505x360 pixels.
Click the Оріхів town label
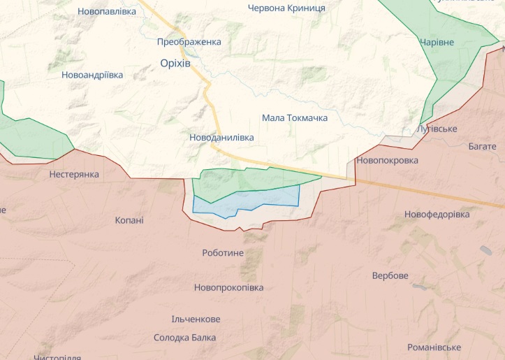pos(175,63)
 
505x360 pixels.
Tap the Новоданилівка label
pos(221,138)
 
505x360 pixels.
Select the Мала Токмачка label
pos(294,117)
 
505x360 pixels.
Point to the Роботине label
pos(222,252)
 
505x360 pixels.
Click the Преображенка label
pos(189,41)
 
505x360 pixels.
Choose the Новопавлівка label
pos(107,11)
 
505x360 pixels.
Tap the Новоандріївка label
pos(92,74)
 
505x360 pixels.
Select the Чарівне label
pos(437,42)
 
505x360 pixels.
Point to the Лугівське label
pos(436,129)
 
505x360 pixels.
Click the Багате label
pos(483,146)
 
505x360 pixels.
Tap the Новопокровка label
pos(387,160)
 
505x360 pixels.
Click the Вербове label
pos(390,275)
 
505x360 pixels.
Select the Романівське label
pos(434,347)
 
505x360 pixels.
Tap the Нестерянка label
pos(74,174)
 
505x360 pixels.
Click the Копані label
pos(129,220)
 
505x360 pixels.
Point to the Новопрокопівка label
pos(228,287)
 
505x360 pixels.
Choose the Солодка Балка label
pos(184,338)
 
